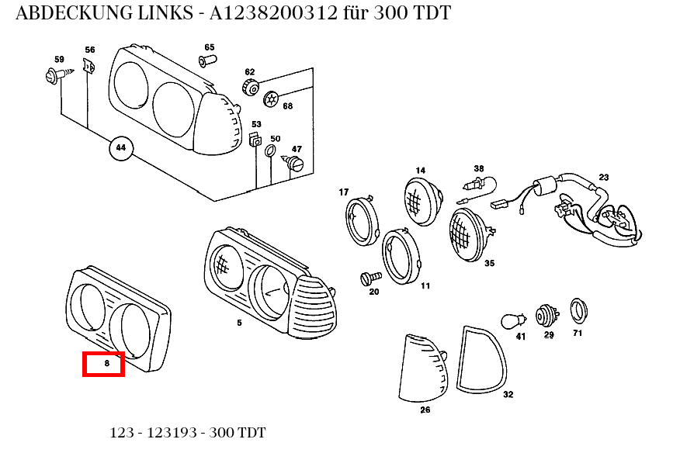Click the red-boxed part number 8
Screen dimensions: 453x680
[x=104, y=363]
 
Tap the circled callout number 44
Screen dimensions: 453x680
[x=120, y=147]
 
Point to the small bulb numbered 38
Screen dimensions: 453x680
[x=475, y=186]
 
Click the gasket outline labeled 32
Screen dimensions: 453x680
[x=481, y=358]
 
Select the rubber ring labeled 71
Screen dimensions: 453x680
[x=578, y=310]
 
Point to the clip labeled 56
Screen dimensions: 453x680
[x=89, y=67]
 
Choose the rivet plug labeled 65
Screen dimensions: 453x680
[x=207, y=61]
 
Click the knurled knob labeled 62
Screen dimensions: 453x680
[x=250, y=88]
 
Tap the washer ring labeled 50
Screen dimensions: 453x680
[x=272, y=150]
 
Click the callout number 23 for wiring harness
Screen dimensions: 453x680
[x=604, y=178]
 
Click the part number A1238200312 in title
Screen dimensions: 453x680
[x=274, y=14]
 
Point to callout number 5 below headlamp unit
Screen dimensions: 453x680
[x=239, y=323]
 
